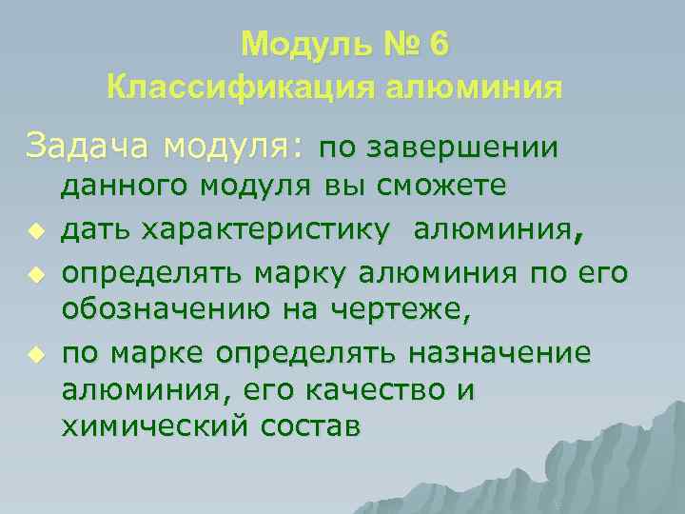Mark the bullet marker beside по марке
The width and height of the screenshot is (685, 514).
pyautogui.click(x=36, y=353)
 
